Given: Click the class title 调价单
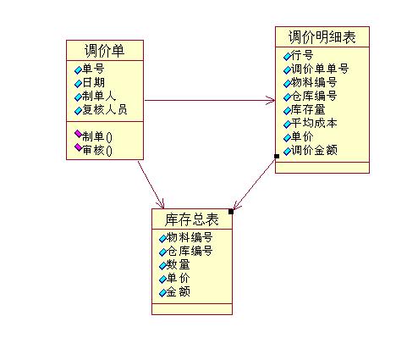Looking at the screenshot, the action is tap(104, 51).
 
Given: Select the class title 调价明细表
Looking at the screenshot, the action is tap(322, 37).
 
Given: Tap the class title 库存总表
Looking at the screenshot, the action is tap(192, 219).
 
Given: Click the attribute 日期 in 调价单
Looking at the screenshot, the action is tap(93, 83).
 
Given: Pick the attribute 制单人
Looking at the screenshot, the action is tap(99, 97).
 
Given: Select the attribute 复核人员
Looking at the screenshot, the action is tap(105, 109).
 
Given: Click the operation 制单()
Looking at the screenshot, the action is tap(97, 137).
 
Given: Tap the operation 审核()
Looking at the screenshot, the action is tap(97, 150).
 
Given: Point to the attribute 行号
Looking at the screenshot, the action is tap(302, 55).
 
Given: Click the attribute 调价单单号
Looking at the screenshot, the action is tap(320, 69).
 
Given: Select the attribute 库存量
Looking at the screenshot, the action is tap(308, 109).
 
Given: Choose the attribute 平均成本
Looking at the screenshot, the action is tap(314, 123).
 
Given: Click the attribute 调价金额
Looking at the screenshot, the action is tap(314, 150).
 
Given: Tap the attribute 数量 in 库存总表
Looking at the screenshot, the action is tap(178, 264).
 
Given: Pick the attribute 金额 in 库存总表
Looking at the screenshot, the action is tap(178, 291).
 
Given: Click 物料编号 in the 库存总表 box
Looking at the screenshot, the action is tap(190, 237).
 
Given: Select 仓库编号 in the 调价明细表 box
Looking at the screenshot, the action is tap(314, 96).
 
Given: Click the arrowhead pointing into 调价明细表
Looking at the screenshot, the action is tap(271, 100).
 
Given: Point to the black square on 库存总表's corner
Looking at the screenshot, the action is tap(231, 212).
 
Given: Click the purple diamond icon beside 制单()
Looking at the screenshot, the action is tap(79, 134).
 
